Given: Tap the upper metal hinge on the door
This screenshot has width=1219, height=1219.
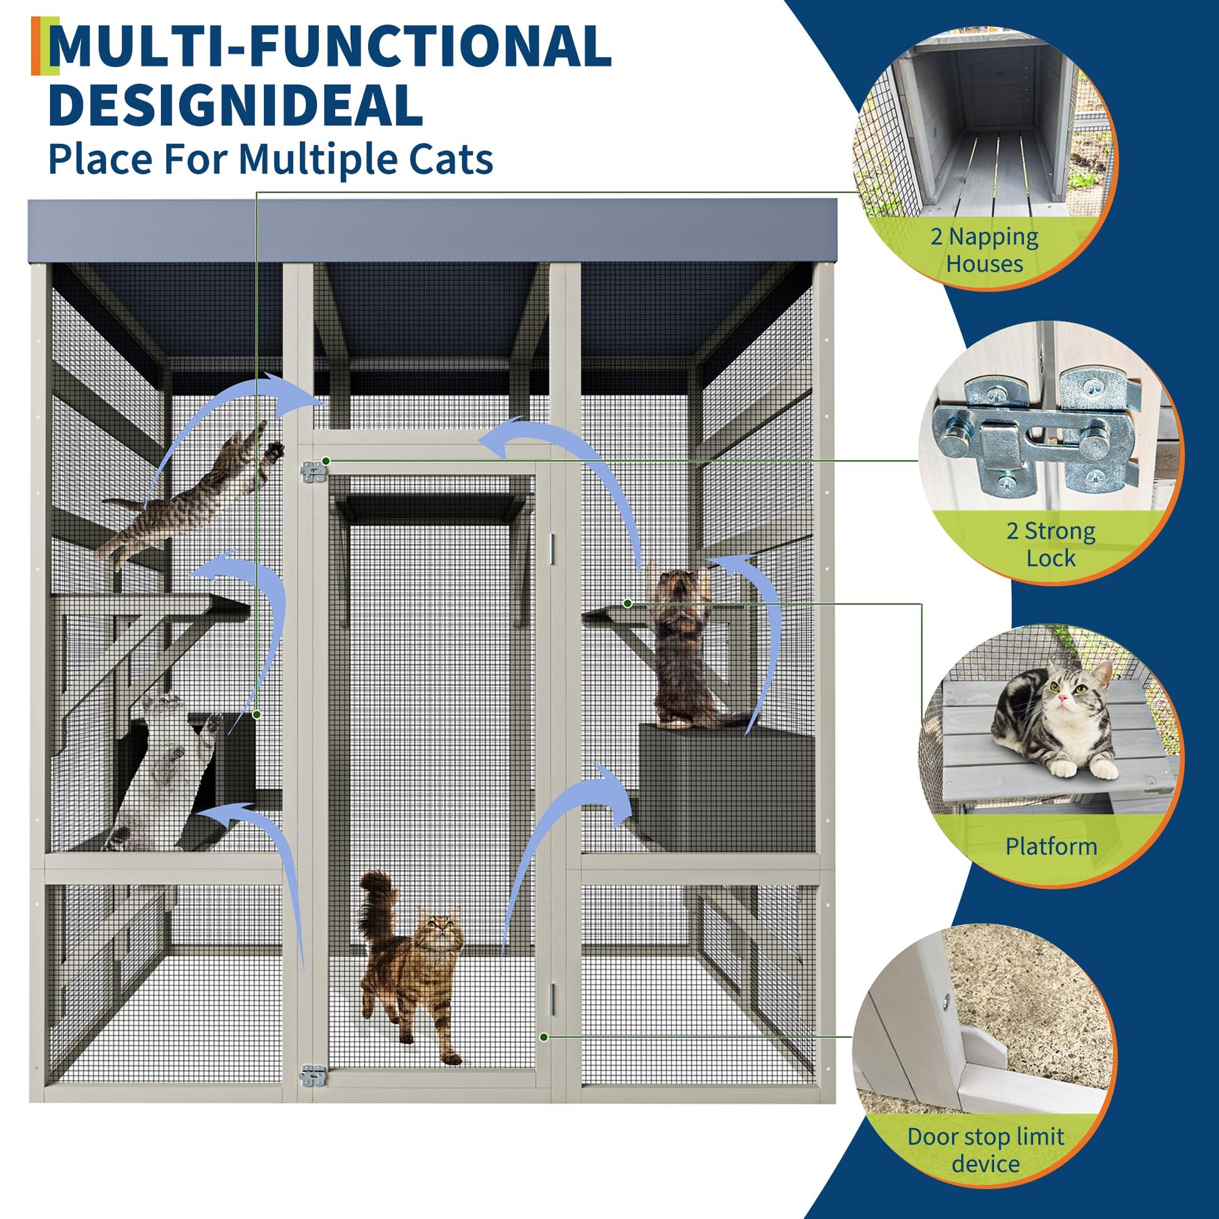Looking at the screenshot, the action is pos(314,471).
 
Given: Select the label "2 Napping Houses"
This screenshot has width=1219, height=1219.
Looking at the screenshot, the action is pos(984,250).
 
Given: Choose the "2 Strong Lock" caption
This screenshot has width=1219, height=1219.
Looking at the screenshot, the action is pos(1050,544).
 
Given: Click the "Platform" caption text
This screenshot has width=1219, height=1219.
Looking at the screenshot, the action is pos(1051,846).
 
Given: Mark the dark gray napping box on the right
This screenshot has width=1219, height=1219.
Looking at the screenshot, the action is pos(725,789).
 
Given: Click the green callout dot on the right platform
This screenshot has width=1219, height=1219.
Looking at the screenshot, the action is pos(628,603).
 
